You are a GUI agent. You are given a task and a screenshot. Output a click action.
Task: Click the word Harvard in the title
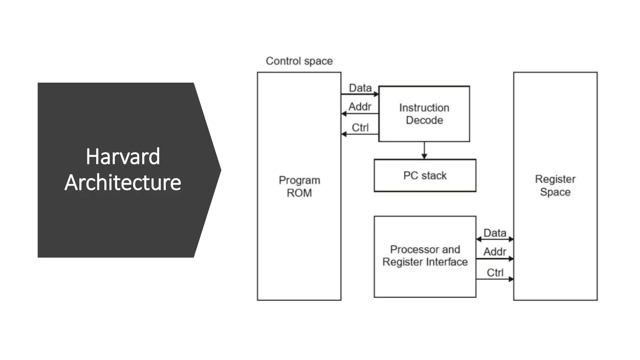(x=123, y=157)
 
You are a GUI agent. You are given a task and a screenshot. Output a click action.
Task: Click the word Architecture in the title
(x=123, y=182)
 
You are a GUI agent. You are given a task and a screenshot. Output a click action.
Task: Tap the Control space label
(x=299, y=61)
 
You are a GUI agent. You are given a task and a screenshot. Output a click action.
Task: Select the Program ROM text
(x=299, y=187)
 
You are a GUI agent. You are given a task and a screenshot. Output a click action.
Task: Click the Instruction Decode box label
(x=424, y=114)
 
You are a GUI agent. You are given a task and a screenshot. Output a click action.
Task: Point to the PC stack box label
(x=425, y=176)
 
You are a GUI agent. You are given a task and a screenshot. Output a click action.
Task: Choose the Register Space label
(x=555, y=185)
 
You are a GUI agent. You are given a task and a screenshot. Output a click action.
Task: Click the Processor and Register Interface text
(x=425, y=256)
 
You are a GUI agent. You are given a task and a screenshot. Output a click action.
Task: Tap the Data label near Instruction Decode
(x=360, y=88)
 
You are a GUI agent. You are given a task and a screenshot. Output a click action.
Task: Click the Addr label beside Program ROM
(x=360, y=107)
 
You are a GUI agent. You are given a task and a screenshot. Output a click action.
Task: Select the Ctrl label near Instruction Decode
(x=360, y=127)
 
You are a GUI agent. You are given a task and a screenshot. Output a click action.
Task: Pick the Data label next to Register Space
(x=495, y=233)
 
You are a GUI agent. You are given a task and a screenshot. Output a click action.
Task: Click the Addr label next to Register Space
(x=495, y=252)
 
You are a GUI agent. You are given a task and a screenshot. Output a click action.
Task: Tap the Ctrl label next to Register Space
(x=495, y=272)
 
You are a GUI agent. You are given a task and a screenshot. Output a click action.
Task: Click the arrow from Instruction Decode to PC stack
(x=424, y=151)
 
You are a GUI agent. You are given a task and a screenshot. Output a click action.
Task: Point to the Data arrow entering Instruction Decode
(x=360, y=94)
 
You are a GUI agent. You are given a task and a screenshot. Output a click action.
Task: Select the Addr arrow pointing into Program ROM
(x=360, y=114)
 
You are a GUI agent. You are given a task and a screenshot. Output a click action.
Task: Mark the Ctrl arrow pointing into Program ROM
(x=360, y=134)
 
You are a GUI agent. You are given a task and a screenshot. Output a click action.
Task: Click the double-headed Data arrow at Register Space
(x=495, y=239)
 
